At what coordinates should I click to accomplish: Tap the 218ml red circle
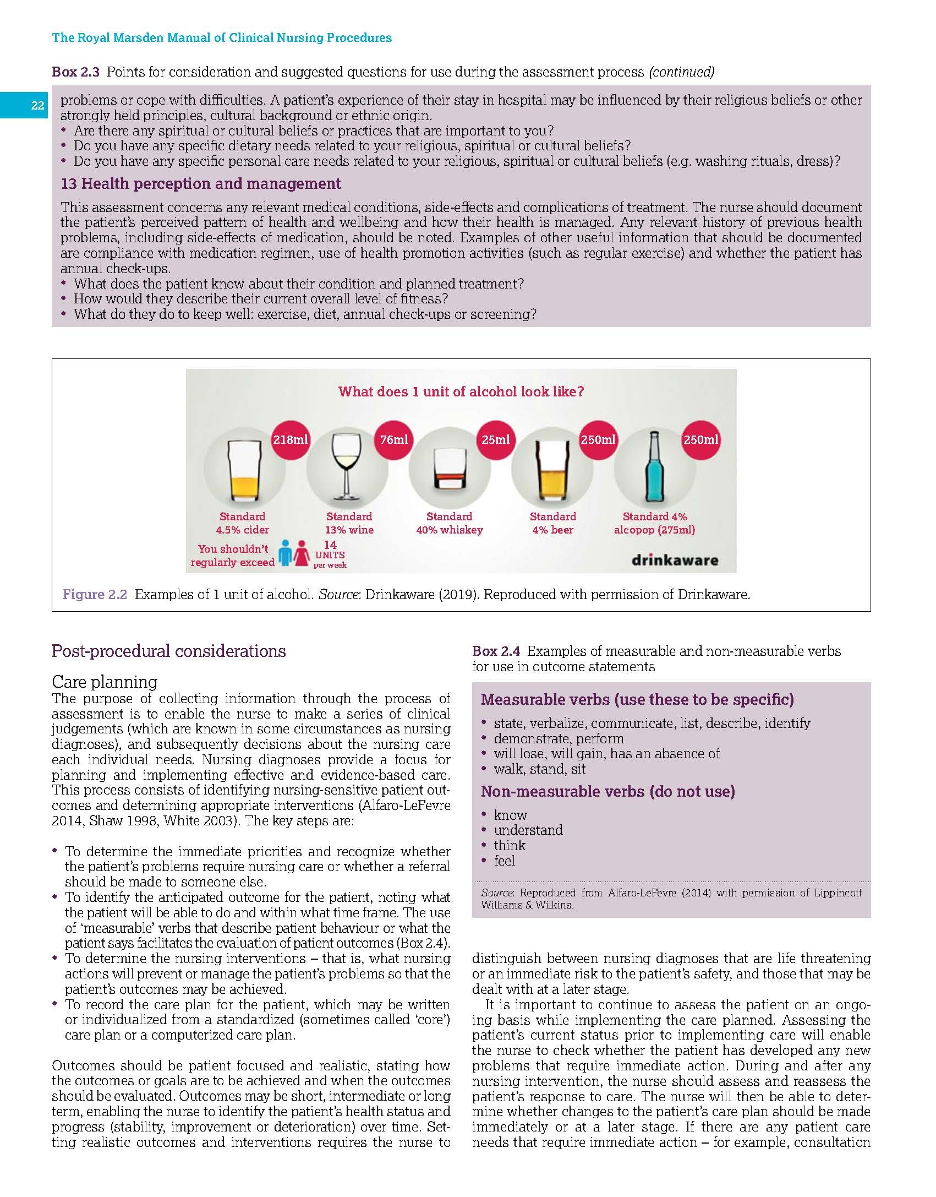coord(291,439)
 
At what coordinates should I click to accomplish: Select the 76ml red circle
coord(394,439)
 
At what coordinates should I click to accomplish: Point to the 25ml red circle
coord(495,439)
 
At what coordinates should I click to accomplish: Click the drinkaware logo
coord(675,561)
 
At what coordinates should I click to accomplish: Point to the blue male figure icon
coord(284,553)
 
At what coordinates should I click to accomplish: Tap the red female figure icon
coord(302,553)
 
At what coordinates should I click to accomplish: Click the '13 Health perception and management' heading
coord(200,184)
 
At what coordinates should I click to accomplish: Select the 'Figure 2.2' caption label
coord(95,595)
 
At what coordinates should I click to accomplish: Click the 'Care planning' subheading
coord(105,682)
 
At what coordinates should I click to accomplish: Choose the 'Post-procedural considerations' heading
coord(168,651)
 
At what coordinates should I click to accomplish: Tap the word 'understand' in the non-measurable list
coord(528,830)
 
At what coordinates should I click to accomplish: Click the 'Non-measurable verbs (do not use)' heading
coord(607,792)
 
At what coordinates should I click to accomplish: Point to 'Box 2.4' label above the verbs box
coord(496,651)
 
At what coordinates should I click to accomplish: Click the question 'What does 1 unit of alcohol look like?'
coord(461,392)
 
